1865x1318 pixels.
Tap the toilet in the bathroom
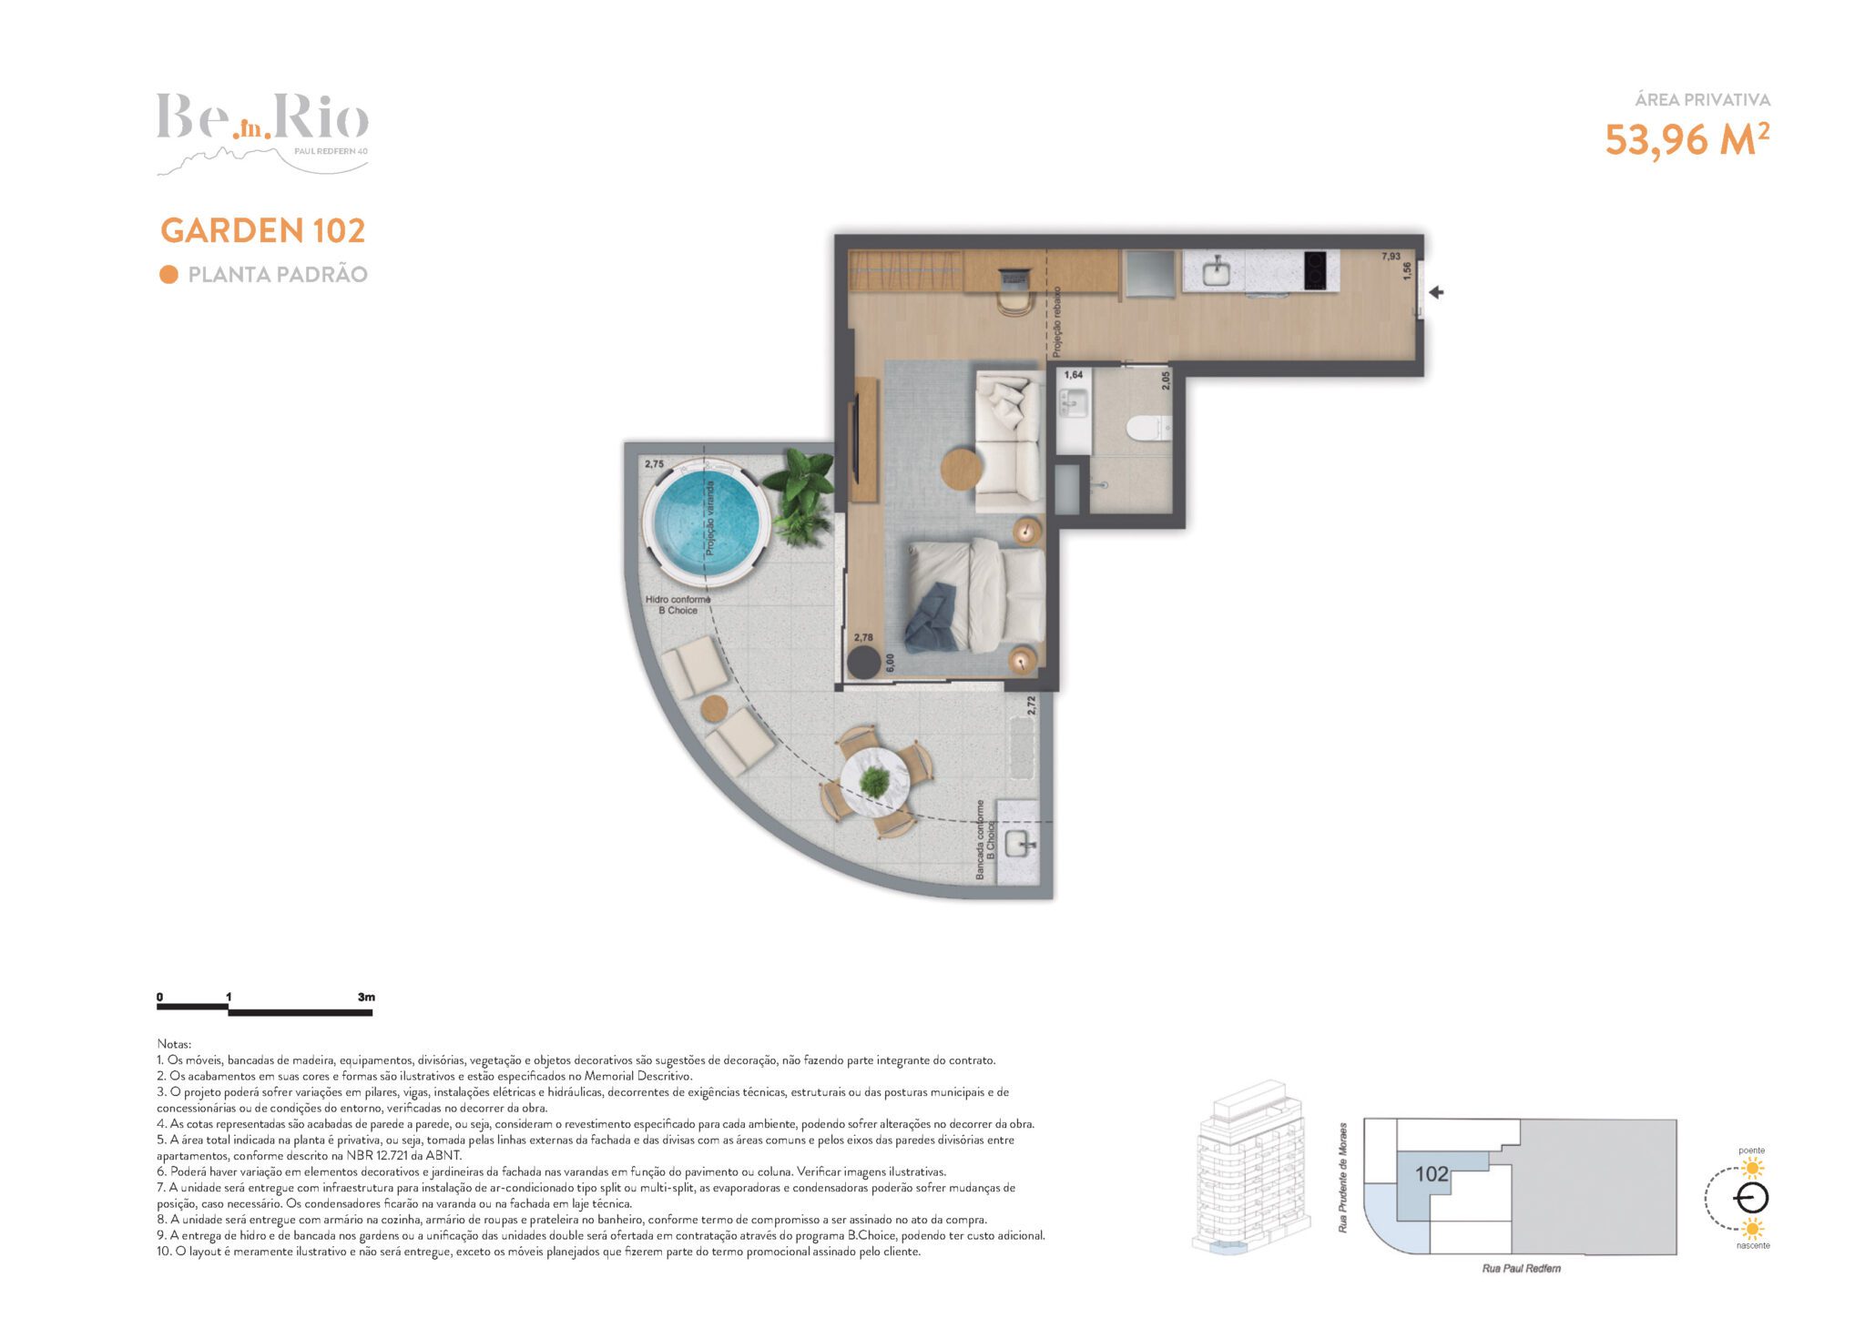[x=1148, y=428]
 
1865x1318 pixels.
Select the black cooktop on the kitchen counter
[x=1320, y=271]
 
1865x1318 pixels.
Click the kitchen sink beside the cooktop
[x=1215, y=271]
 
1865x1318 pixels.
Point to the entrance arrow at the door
[x=1437, y=292]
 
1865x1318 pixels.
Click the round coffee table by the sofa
[x=962, y=470]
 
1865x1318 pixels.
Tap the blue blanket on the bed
[x=931, y=617]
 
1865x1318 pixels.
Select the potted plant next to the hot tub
[x=799, y=495]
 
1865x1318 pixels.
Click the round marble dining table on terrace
[x=874, y=781]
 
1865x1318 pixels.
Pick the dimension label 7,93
[x=1391, y=257]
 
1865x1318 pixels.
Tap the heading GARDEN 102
[x=263, y=230]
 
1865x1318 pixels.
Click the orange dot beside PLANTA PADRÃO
[x=168, y=275]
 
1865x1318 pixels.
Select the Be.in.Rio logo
[x=262, y=133]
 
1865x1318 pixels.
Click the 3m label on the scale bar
[x=366, y=997]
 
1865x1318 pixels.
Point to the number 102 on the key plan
[x=1432, y=1174]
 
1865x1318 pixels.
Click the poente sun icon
[x=1751, y=1169]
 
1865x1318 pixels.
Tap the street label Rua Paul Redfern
[x=1521, y=1268]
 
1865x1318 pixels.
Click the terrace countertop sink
[x=1018, y=844]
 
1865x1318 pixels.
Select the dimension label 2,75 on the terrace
[x=654, y=464]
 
